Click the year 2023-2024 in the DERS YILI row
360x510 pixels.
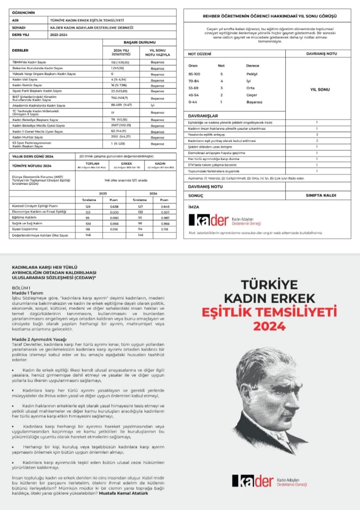pyautogui.click(x=58, y=34)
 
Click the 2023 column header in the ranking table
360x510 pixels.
pyautogui.click(x=103, y=193)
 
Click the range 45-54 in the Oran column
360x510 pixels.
pyautogui.click(x=194, y=95)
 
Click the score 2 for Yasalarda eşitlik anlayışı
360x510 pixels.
pyautogui.click(x=317, y=134)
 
